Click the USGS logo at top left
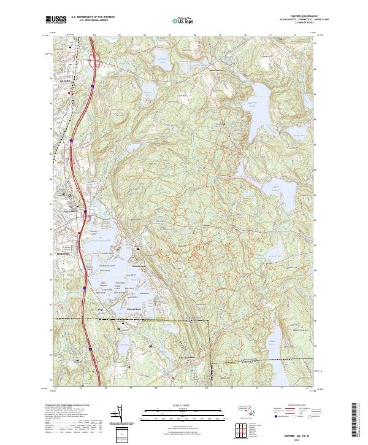click(56, 20)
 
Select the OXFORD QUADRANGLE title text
click(297, 17)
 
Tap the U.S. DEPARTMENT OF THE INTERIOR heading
click(91, 17)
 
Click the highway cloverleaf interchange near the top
click(96, 60)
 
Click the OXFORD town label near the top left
click(62, 80)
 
